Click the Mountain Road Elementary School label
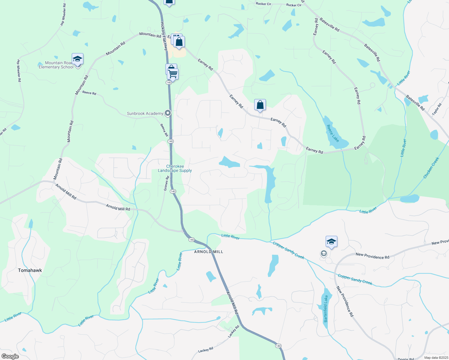click(x=56, y=65)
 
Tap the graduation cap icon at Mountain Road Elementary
click(x=77, y=59)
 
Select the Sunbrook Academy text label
click(x=145, y=113)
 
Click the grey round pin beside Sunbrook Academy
click(x=168, y=113)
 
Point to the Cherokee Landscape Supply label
click(x=175, y=168)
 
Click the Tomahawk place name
click(x=30, y=270)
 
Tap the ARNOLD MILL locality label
click(x=209, y=252)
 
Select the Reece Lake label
click(x=333, y=133)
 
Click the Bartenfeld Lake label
click(x=326, y=309)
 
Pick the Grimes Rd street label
click(x=166, y=183)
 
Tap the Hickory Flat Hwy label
click(x=164, y=36)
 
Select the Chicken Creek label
click(x=431, y=168)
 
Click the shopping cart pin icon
click(x=173, y=73)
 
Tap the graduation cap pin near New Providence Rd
click(x=331, y=241)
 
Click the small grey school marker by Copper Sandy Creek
click(x=324, y=254)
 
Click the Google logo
click(x=10, y=356)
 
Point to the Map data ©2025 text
click(x=435, y=358)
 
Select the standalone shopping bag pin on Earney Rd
click(x=260, y=105)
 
